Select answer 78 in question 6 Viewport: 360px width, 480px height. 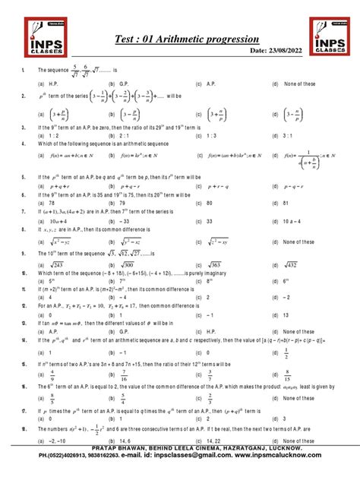(x=54, y=204)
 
